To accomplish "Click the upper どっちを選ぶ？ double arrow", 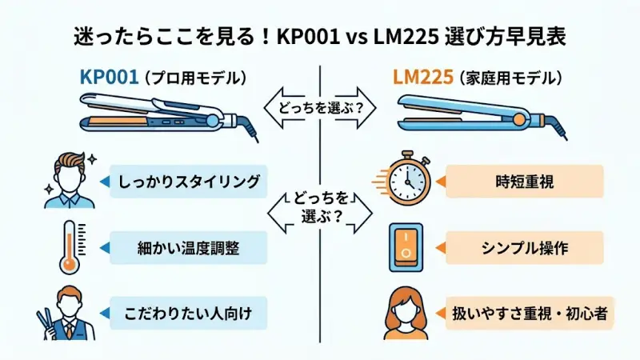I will pos(319,110).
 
